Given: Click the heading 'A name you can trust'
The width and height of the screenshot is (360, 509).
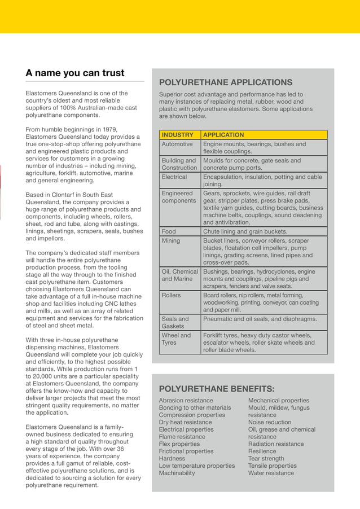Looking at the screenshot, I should point(75,73).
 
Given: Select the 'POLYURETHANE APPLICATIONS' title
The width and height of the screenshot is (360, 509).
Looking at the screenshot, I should point(226,82).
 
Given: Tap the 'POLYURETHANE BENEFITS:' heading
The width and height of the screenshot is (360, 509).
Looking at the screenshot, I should point(217,389).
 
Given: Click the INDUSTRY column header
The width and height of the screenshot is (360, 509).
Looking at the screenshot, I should point(177,135).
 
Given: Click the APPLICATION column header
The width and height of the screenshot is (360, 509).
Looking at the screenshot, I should point(223,135).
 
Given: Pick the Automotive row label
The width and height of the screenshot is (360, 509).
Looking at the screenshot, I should point(177,144).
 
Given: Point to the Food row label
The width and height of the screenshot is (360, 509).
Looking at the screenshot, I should point(169,231).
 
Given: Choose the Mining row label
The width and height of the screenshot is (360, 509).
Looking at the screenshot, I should point(171,241).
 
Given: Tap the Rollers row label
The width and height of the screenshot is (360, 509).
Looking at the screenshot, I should point(172,295).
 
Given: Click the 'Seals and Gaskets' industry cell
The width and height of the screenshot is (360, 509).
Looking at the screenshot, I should point(176,323).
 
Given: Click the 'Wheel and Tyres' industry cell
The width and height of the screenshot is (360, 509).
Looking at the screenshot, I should point(176,339).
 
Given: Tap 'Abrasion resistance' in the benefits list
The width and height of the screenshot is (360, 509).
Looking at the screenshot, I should point(186,401).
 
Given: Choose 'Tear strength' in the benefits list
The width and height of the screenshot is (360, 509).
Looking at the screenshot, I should point(266,459).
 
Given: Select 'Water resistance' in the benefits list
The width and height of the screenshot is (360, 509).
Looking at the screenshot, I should point(271,473).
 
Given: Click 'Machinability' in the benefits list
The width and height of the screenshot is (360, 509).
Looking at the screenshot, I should point(177,473).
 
